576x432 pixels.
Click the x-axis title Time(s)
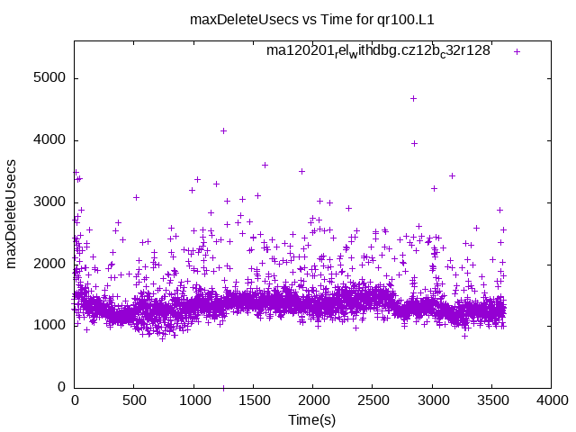pyautogui.click(x=311, y=419)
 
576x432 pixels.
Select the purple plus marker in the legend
pyautogui.click(x=517, y=51)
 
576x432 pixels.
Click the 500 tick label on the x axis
pyautogui.click(x=134, y=400)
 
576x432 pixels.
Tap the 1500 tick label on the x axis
pyautogui.click(x=253, y=400)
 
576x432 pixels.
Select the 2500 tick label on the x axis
pyautogui.click(x=373, y=400)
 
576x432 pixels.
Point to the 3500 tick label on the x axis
pyautogui.click(x=491, y=400)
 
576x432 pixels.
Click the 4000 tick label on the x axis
pyautogui.click(x=551, y=400)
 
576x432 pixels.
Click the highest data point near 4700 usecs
pyautogui.click(x=413, y=98)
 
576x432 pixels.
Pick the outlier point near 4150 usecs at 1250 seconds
pyautogui.click(x=223, y=130)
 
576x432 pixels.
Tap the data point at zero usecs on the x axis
pyautogui.click(x=223, y=387)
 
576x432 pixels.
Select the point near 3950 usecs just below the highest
pyautogui.click(x=414, y=143)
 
